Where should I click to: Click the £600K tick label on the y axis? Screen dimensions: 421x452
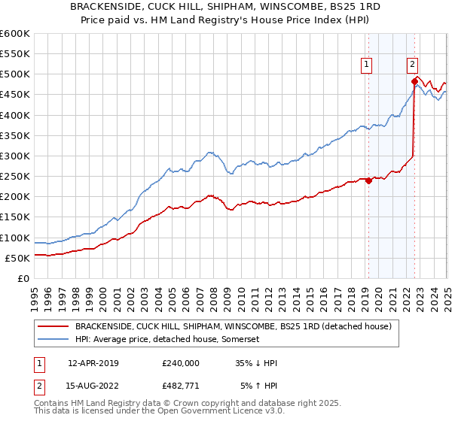(x=15, y=34)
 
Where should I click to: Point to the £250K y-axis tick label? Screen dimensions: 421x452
(x=15, y=177)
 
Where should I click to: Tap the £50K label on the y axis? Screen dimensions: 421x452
(x=18, y=258)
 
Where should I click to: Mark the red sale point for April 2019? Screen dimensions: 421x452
(x=368, y=180)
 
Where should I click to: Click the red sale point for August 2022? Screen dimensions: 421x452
(x=414, y=80)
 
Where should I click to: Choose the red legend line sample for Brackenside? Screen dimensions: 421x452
(x=52, y=327)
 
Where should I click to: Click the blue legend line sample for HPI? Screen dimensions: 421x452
(x=52, y=340)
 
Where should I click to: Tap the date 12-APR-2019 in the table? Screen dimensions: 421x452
(x=93, y=363)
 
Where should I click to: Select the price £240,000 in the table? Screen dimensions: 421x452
(x=181, y=363)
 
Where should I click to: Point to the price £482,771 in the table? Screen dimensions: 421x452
(x=181, y=386)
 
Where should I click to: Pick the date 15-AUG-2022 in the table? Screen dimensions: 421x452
(x=93, y=386)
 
